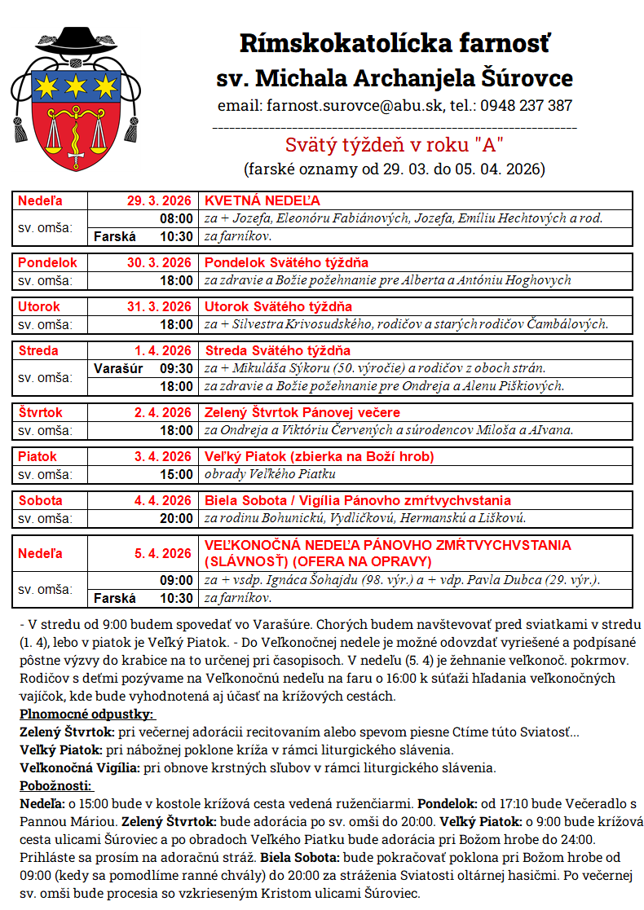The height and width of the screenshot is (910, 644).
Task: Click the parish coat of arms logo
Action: (x=75, y=101)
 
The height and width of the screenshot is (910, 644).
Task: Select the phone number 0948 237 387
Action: (x=526, y=106)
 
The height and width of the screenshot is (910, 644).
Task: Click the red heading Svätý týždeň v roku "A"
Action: (x=394, y=146)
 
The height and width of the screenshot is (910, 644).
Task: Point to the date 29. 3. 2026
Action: (x=159, y=200)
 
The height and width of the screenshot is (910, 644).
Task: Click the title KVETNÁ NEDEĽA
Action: (x=262, y=200)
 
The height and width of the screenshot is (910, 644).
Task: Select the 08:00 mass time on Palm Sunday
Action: (x=177, y=218)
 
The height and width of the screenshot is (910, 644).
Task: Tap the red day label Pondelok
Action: (x=47, y=262)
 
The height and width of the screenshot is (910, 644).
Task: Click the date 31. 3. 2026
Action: (x=159, y=306)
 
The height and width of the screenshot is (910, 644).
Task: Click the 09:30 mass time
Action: (x=177, y=367)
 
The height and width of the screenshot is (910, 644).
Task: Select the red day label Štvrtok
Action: (x=41, y=412)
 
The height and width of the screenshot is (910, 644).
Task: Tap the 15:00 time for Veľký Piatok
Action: (x=177, y=474)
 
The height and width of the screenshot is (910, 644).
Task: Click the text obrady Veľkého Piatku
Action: (x=270, y=474)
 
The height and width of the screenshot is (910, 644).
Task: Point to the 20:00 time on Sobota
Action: (x=177, y=518)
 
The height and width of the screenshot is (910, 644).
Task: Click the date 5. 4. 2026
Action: (x=163, y=553)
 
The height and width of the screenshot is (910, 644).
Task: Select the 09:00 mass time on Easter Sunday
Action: (x=177, y=580)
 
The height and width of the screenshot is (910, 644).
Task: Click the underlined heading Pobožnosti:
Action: (x=56, y=785)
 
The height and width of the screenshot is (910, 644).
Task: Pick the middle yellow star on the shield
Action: (x=75, y=84)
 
